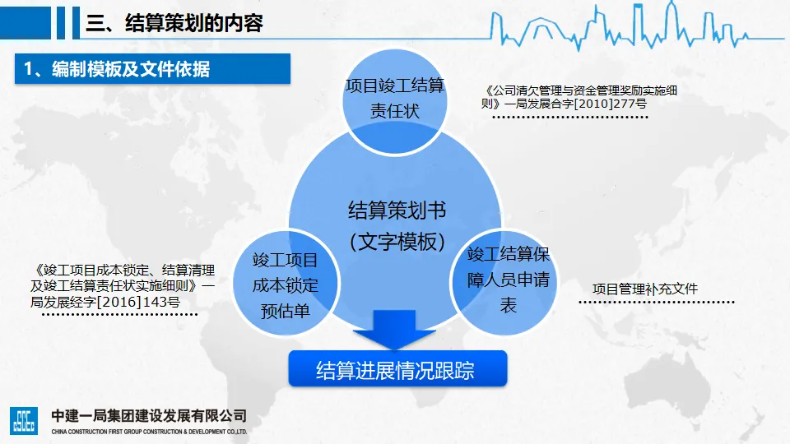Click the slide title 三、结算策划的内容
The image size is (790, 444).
coord(174,23)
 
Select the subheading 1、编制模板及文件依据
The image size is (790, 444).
coord(117,69)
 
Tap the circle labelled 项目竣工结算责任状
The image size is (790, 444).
coord(395,99)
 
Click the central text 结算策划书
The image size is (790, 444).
coord(397,211)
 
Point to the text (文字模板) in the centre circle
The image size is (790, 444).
coord(397,242)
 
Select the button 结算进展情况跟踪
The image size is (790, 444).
coord(397,370)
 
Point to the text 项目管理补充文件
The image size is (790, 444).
coord(645,289)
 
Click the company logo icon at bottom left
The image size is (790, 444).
coord(23,419)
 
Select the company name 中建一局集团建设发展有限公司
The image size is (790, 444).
coord(148,415)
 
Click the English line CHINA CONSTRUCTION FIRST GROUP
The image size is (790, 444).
coord(148,431)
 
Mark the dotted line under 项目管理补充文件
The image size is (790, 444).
coord(656,303)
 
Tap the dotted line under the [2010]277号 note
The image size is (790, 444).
coord(569,118)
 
